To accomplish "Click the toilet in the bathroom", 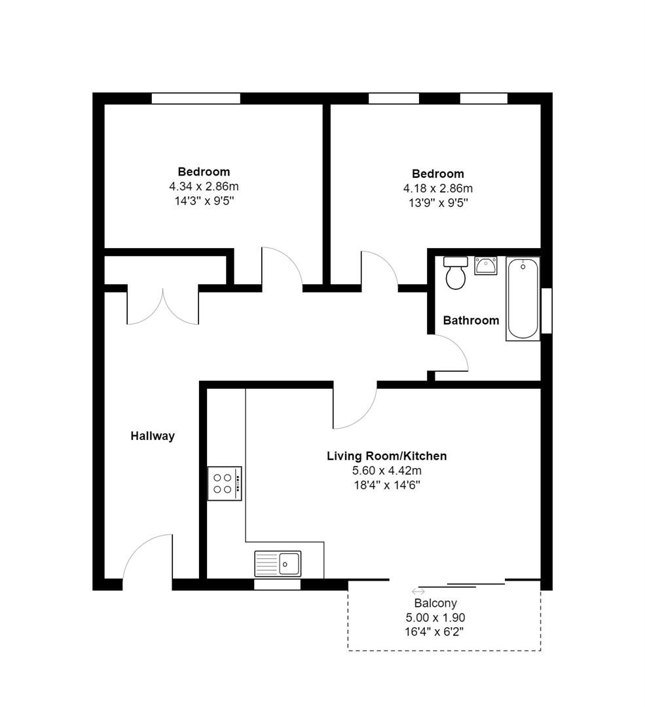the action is coord(456,273).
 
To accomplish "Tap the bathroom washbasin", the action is coord(485,266).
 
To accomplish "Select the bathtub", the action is coord(523,299).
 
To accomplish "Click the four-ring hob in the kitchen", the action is coord(225,483).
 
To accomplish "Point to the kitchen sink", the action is coord(278,564).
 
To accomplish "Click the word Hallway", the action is coord(153,436).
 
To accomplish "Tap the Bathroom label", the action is coord(471,321).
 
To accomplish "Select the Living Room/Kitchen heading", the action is coord(386,456).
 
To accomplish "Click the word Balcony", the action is coord(435,604).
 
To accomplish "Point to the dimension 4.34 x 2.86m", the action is coord(204,186).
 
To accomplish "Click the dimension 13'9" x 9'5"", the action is coord(438,203).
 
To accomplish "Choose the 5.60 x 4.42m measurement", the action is coord(386,471).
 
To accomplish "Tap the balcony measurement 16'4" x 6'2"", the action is coord(434,632).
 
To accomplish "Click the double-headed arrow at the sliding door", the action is coord(418,592).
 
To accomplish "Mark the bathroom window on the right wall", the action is coord(546,311).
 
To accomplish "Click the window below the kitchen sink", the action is coord(277,585).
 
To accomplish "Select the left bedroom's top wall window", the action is coord(196,98).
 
